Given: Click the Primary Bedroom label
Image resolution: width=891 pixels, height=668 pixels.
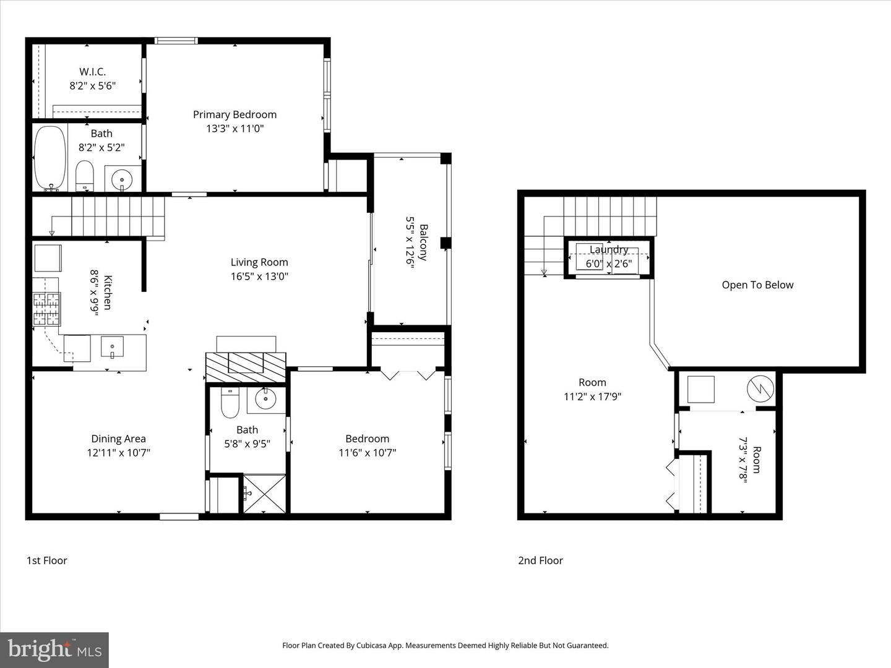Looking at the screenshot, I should [235, 114].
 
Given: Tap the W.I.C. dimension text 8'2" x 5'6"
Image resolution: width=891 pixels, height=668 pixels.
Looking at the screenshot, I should [93, 86].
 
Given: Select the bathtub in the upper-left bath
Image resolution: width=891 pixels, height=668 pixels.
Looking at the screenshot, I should [49, 158].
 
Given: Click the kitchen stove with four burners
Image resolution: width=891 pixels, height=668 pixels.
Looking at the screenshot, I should [47, 309].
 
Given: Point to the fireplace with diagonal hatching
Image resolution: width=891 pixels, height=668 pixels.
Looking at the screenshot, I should [246, 366].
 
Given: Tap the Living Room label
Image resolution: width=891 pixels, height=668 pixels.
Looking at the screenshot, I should [259, 262].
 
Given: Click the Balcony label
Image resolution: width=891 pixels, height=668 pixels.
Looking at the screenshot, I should [423, 242].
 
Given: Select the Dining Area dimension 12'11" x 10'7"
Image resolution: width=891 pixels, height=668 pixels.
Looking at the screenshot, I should [118, 453].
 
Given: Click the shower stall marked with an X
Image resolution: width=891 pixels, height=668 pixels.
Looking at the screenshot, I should [264, 494].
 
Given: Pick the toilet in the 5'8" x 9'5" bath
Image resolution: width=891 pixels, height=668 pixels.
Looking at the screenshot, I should [230, 403].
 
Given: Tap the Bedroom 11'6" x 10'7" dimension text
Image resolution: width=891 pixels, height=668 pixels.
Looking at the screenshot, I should [367, 453].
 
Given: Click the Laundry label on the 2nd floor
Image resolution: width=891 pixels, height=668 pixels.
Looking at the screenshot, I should [609, 249].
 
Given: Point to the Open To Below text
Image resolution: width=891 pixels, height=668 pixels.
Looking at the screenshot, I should [757, 285].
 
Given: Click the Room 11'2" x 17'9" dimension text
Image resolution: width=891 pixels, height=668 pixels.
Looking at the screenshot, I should [592, 396].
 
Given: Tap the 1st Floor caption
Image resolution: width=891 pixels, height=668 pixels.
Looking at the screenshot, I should [46, 560].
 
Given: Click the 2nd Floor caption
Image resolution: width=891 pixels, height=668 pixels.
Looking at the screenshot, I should [540, 560].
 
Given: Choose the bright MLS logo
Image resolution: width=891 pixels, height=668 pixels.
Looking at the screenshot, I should [54, 649].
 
